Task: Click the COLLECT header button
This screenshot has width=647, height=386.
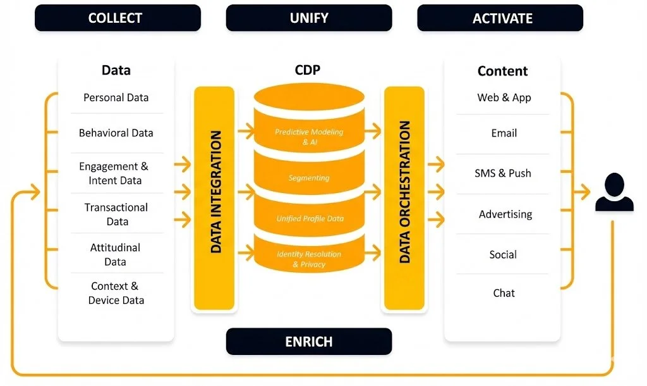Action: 118,18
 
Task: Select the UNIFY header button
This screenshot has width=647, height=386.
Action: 309,18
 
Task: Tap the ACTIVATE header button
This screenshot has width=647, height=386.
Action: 500,18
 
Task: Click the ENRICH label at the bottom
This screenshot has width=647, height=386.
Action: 309,342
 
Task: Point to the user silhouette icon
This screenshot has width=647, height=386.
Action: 614,194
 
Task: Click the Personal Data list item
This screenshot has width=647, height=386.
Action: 116,97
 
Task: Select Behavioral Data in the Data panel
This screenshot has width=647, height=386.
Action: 116,133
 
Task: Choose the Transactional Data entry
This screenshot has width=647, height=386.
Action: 116,214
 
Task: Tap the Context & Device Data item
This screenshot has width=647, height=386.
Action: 116,293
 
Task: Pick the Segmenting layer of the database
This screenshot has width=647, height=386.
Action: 309,178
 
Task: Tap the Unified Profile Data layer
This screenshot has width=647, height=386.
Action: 309,218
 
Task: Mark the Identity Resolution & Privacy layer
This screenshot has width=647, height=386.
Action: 309,259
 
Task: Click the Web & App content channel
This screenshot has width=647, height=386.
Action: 504,97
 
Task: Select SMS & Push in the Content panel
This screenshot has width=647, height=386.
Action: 503,173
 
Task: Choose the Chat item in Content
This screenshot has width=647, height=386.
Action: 504,293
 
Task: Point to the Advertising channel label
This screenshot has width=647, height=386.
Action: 505,215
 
